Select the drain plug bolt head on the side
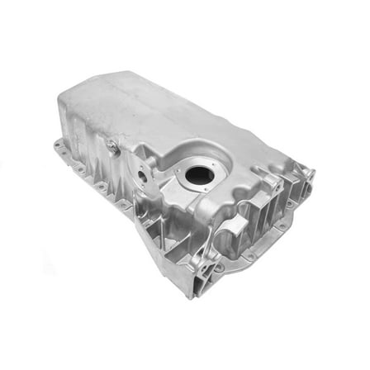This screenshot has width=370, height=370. pos(111,149)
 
